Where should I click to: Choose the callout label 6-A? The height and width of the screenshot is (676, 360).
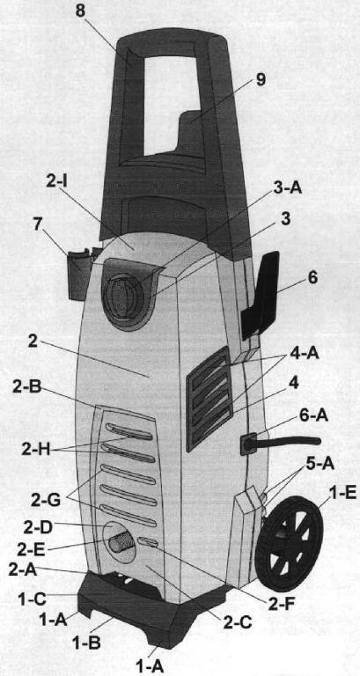tap(312, 416)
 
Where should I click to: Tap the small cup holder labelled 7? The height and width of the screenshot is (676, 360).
tap(81, 275)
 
